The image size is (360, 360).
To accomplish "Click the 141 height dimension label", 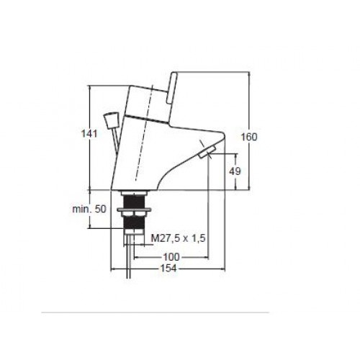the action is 89,134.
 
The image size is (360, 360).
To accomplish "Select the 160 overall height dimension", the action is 249,137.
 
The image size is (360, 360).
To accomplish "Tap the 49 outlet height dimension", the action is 235,171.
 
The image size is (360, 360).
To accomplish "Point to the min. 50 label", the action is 89,209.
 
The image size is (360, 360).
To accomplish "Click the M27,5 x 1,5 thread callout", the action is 179,238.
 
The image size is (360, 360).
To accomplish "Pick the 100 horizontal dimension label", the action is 171,257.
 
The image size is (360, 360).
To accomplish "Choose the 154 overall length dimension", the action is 168,268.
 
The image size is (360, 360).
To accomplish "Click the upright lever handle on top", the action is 171,88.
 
